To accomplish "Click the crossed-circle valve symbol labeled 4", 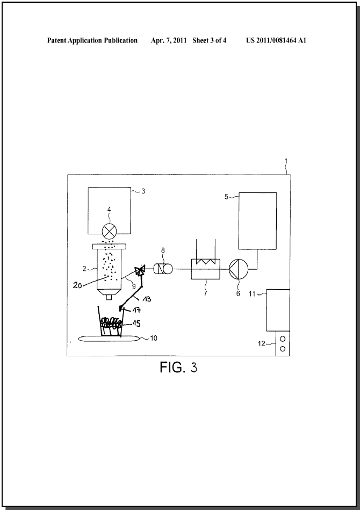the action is [x=109, y=232].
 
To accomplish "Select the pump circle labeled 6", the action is [x=239, y=269].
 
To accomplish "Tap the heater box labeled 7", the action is [x=206, y=269].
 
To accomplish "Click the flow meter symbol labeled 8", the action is [x=163, y=269].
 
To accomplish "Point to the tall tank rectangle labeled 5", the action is [x=257, y=221].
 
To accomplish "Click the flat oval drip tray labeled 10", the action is [x=109, y=339].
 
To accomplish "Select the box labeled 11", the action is [x=278, y=310].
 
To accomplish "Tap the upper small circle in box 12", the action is [x=283, y=339].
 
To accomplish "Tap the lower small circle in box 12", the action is [x=283, y=349].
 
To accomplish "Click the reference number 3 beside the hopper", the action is [x=143, y=191].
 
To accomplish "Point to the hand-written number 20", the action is [x=77, y=286].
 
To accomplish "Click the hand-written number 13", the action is [x=147, y=299].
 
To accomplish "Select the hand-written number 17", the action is [x=136, y=310].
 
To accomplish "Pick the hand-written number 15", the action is [x=136, y=324].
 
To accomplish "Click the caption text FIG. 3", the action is [x=178, y=367].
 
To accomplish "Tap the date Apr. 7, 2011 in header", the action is [x=169, y=40].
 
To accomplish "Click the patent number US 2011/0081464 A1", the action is [x=276, y=40].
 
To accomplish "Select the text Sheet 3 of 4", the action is [x=210, y=40].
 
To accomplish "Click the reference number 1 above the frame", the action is [x=286, y=161].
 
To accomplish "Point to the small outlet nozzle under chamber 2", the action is [x=109, y=297].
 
